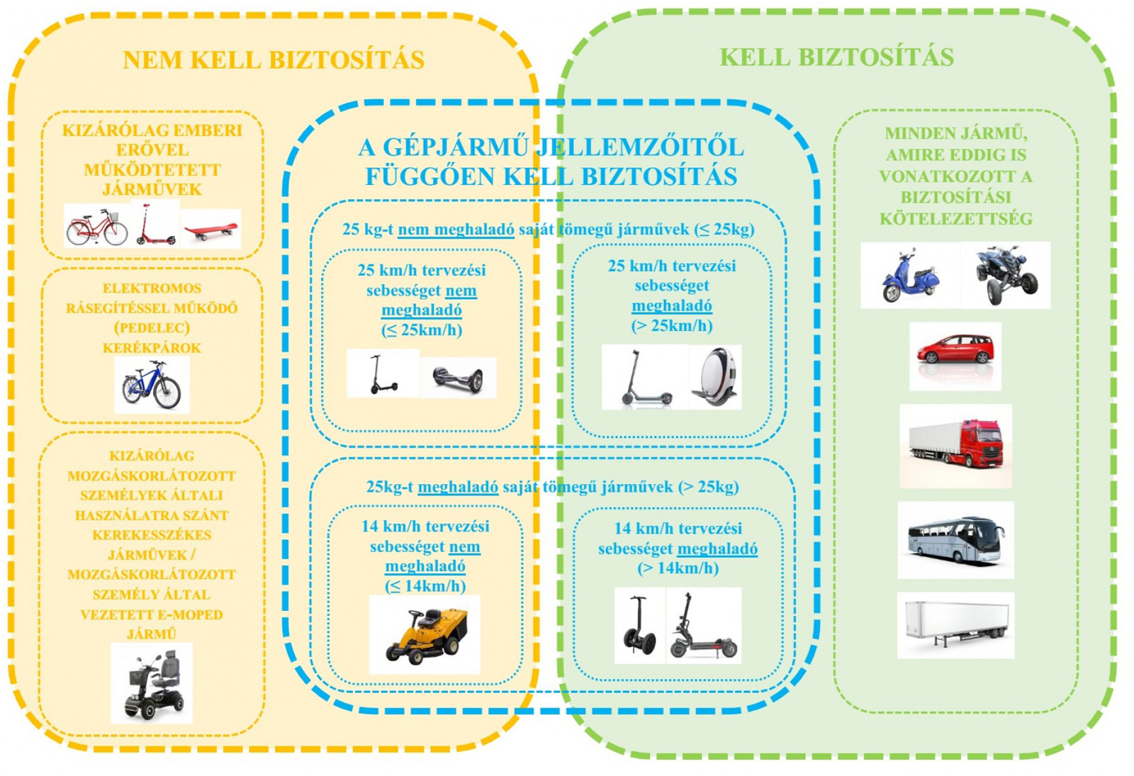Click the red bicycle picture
tap(96, 226)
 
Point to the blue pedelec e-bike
tap(152, 385)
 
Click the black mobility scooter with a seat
tap(153, 684)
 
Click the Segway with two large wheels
tap(639, 626)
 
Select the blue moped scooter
tap(909, 276)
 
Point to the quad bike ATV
tap(1005, 275)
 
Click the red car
tap(955, 349)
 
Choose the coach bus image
tap(955, 540)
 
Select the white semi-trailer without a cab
tap(955, 623)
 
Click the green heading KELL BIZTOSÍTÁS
tap(836, 57)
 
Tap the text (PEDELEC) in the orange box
tap(152, 328)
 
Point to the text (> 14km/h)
tap(678, 568)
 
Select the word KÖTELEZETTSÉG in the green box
tap(955, 219)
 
